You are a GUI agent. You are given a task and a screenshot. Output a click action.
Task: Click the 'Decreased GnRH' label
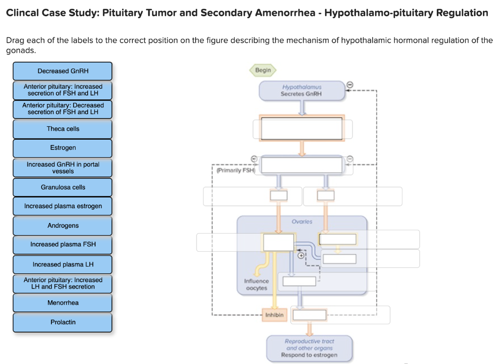(63, 71)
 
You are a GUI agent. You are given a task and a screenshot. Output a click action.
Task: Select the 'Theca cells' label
(63, 129)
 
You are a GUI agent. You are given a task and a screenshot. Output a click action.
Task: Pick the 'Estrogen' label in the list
(63, 148)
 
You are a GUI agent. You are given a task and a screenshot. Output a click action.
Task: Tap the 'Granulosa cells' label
(63, 187)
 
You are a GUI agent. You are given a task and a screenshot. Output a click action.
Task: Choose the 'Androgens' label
(63, 226)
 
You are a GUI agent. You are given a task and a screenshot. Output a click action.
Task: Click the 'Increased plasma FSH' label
(63, 244)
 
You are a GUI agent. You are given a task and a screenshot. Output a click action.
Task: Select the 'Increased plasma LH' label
(63, 265)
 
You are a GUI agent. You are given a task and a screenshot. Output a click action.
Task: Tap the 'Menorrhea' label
(63, 303)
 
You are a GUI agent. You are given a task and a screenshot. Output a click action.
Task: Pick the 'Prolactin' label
(63, 322)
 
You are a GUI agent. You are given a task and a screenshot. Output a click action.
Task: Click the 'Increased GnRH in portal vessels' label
(63, 168)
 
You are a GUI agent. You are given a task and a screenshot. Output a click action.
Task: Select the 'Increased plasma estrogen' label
(63, 206)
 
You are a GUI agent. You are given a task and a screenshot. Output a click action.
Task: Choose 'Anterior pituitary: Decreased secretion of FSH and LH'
(63, 109)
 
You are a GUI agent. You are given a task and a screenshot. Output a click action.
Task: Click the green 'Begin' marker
(263, 71)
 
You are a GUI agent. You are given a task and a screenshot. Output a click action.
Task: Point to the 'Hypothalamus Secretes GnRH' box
(301, 91)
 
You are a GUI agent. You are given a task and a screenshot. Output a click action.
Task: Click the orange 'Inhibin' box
(275, 315)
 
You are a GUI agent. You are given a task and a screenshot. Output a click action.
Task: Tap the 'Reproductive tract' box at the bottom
(309, 348)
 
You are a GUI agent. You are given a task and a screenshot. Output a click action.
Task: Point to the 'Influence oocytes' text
(256, 285)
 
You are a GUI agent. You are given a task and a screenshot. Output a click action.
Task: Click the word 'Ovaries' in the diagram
(301, 222)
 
